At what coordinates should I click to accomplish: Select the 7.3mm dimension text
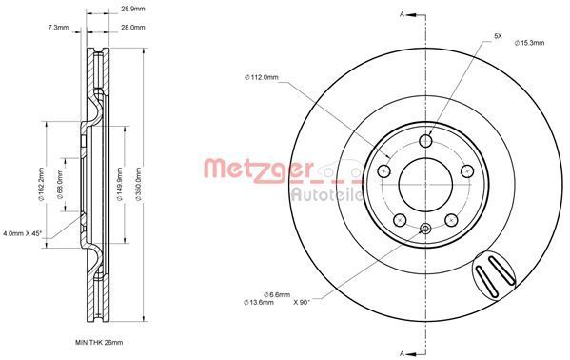[x=57, y=28]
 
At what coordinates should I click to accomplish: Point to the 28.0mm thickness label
[x=132, y=28]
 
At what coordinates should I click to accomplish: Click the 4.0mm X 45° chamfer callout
[x=25, y=231]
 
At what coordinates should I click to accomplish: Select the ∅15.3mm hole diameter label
[x=529, y=43]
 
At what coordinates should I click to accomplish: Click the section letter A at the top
[x=403, y=13]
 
